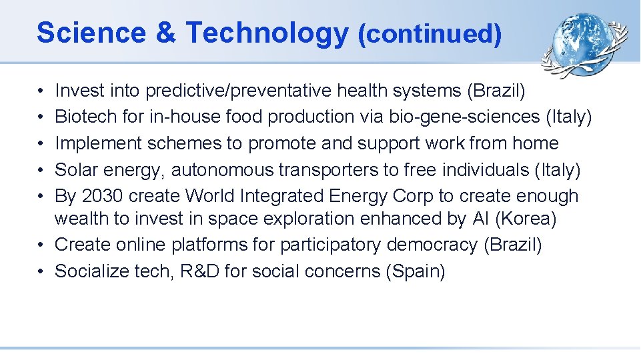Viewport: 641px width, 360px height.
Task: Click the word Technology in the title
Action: (266, 33)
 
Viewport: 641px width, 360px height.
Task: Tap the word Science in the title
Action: (91, 33)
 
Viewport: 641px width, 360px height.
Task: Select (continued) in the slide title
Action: (429, 34)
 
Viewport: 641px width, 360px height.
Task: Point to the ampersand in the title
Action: (165, 33)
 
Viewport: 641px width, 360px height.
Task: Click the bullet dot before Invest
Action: (41, 91)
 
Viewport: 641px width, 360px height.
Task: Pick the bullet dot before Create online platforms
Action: (41, 245)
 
